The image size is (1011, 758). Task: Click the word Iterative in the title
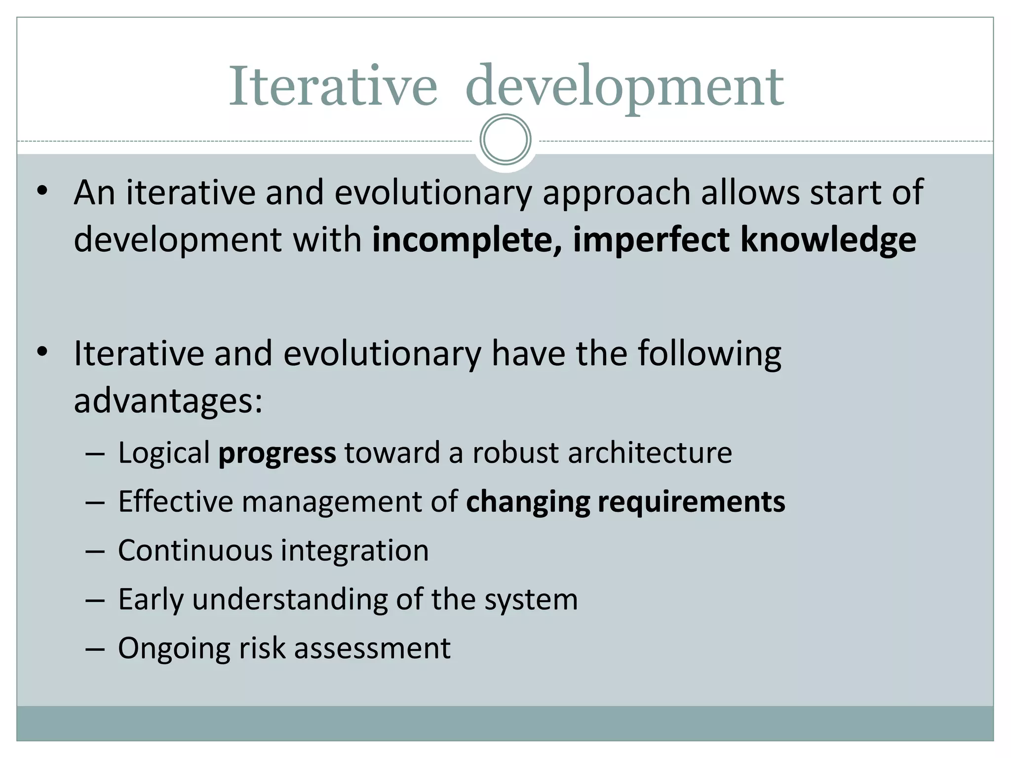(x=333, y=86)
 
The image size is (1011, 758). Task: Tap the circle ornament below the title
(x=505, y=140)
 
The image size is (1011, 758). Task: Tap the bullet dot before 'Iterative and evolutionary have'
(x=42, y=352)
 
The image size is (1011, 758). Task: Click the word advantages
(x=168, y=401)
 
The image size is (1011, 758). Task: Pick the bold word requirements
(x=691, y=502)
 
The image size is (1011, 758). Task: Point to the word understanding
(x=290, y=600)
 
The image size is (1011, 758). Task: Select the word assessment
(x=372, y=648)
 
